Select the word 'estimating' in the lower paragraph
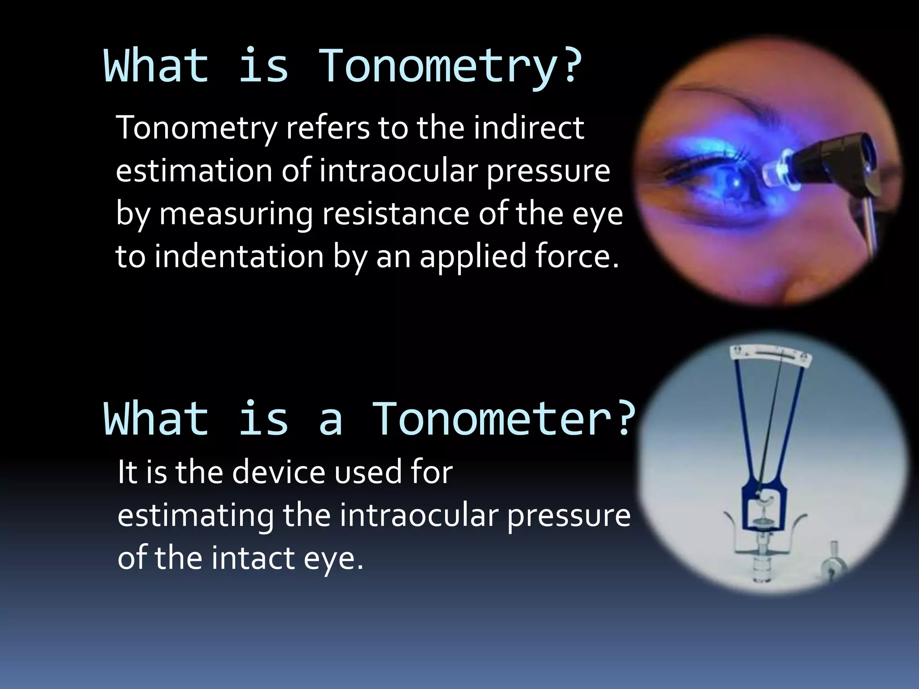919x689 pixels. coord(195,516)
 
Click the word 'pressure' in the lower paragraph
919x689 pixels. coord(569,516)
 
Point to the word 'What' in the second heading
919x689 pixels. coord(156,419)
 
